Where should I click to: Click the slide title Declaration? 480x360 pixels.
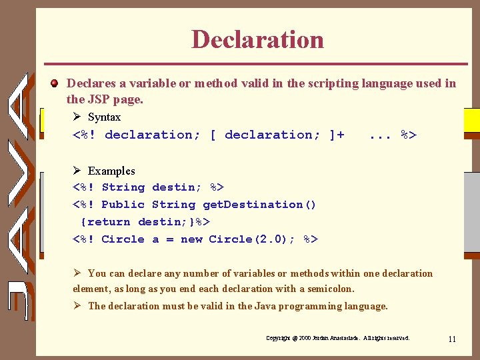[x=257, y=39]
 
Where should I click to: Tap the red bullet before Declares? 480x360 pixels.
[x=56, y=84]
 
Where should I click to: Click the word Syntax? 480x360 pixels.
[x=105, y=117]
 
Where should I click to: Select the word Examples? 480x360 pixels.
[x=111, y=171]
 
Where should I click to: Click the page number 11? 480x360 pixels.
[x=452, y=339]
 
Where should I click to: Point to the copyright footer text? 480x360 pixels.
[x=337, y=339]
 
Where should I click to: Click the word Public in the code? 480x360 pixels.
[x=123, y=205]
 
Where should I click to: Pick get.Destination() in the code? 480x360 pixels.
[x=259, y=205]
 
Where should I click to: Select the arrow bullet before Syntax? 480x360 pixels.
[x=77, y=117]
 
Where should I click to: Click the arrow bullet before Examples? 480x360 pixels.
[x=77, y=171]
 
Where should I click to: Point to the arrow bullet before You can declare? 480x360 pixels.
[x=77, y=273]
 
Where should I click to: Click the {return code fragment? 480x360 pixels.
[x=105, y=222]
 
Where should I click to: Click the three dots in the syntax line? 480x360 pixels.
[x=379, y=135]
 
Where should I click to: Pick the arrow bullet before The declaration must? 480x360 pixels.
[x=77, y=307]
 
